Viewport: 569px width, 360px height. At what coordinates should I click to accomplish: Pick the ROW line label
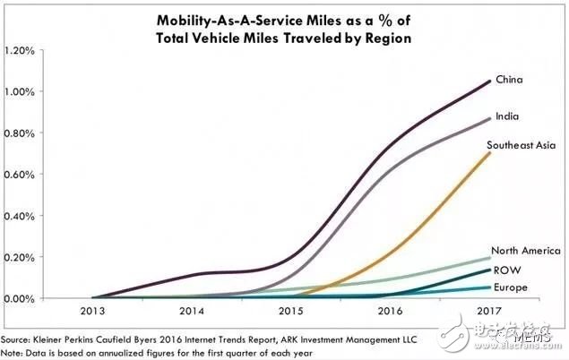[505, 269]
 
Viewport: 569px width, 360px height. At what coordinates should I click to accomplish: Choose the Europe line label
[508, 287]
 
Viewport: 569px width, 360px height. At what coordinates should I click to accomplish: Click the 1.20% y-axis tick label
[19, 50]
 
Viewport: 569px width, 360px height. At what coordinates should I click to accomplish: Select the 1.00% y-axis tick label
[19, 91]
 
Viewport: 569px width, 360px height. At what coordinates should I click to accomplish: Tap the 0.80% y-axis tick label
[19, 133]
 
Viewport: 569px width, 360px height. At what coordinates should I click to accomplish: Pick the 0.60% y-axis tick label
[19, 175]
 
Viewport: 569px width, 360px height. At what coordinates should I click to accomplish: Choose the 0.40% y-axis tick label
[19, 216]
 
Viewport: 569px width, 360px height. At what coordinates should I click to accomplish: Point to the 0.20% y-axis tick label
[19, 257]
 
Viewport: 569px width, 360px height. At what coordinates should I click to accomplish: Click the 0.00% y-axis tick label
[19, 298]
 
